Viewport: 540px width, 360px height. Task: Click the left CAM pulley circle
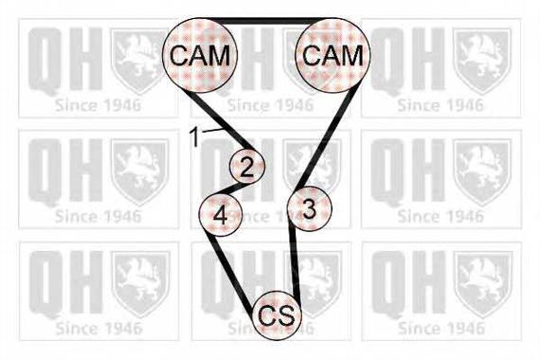pyautogui.click(x=200, y=56)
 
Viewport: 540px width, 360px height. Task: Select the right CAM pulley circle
pyautogui.click(x=333, y=55)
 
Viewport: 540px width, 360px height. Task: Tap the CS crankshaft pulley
pyautogui.click(x=277, y=315)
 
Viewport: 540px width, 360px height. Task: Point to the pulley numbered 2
pyautogui.click(x=247, y=166)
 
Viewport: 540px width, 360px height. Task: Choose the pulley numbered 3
pyautogui.click(x=310, y=208)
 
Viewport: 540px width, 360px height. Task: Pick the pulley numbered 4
pyautogui.click(x=221, y=214)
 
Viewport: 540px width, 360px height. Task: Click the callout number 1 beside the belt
pyautogui.click(x=195, y=136)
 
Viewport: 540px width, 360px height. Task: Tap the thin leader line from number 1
pyautogui.click(x=212, y=130)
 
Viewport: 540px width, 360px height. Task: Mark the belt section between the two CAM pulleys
pyautogui.click(x=266, y=21)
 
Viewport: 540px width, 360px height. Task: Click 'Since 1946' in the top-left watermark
pyautogui.click(x=99, y=105)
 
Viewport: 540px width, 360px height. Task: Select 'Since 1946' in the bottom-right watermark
pyautogui.click(x=441, y=329)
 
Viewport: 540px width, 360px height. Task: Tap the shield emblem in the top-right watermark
pyautogui.click(x=482, y=62)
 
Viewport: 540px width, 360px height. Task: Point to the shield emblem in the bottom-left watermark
pyautogui.click(x=140, y=284)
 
